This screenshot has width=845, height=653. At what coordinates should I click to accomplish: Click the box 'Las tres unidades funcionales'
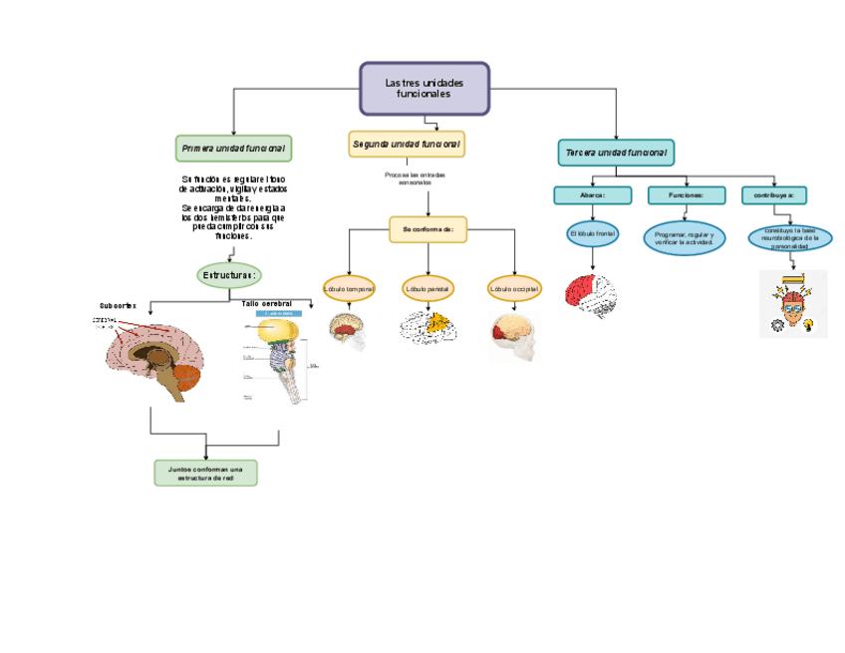pyautogui.click(x=424, y=89)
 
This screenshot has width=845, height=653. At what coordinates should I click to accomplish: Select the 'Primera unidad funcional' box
pyautogui.click(x=233, y=149)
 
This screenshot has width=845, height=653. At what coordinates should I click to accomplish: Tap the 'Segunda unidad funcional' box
pyautogui.click(x=407, y=145)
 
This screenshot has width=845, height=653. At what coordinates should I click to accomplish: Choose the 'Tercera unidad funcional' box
pyautogui.click(x=616, y=153)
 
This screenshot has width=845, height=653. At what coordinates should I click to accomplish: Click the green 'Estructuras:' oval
pyautogui.click(x=229, y=275)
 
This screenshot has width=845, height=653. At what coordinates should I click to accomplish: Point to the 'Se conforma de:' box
pyautogui.click(x=427, y=229)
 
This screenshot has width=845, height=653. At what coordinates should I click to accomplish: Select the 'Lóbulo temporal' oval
pyautogui.click(x=349, y=289)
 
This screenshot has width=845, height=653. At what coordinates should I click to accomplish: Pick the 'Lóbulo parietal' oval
pyautogui.click(x=427, y=289)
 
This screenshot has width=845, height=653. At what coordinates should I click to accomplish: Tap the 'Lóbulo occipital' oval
pyautogui.click(x=514, y=289)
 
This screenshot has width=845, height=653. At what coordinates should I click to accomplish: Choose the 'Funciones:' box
pyautogui.click(x=686, y=195)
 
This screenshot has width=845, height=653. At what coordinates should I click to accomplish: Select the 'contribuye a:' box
pyautogui.click(x=773, y=195)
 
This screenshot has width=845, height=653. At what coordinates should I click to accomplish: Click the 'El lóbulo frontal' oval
pyautogui.click(x=593, y=234)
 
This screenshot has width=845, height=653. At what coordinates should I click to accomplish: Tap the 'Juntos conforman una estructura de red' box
pyautogui.click(x=206, y=473)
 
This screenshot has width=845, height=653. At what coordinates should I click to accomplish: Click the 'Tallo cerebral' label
pyautogui.click(x=267, y=303)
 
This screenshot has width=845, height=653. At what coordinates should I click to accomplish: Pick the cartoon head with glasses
pyautogui.click(x=793, y=303)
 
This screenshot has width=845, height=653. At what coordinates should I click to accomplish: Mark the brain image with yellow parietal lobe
pyautogui.click(x=428, y=327)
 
